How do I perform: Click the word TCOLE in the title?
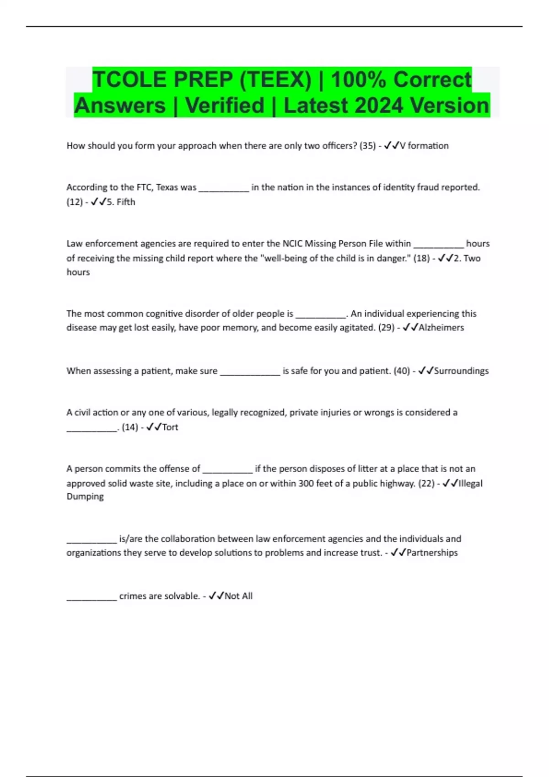(x=129, y=80)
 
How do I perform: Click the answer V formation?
(x=424, y=146)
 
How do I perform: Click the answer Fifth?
(x=126, y=202)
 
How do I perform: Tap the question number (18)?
(x=421, y=258)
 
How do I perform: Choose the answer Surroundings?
(x=461, y=371)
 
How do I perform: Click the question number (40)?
(x=402, y=371)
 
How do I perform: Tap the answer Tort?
(x=170, y=427)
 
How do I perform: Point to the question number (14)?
(x=130, y=427)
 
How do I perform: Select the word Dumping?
(x=85, y=497)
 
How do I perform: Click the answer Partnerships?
(x=432, y=553)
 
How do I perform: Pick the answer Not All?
(x=238, y=596)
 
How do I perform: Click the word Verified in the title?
(x=225, y=106)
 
